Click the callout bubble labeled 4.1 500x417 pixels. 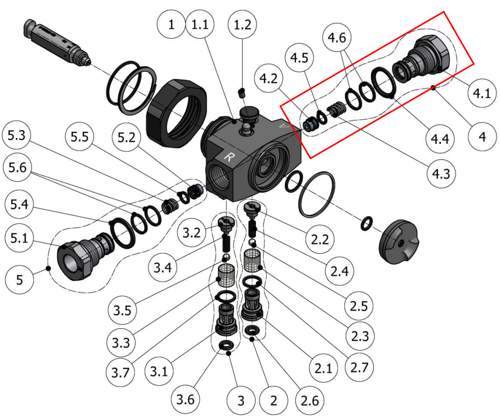[x=482, y=93]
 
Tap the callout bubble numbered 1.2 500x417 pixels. [x=243, y=24]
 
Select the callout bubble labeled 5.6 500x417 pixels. [x=17, y=167]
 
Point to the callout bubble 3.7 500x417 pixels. [x=120, y=372]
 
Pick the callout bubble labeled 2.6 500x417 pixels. [x=309, y=400]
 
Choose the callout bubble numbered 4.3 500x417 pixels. [x=441, y=174]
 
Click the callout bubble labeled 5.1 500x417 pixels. [x=19, y=238]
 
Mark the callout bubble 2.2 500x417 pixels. [x=320, y=239]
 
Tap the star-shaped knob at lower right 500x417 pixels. [x=399, y=242]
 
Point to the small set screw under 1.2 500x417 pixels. [x=242, y=93]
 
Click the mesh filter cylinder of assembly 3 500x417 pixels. [x=226, y=276]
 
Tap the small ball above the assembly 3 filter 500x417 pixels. [x=226, y=257]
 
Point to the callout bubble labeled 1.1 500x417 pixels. [x=200, y=24]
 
